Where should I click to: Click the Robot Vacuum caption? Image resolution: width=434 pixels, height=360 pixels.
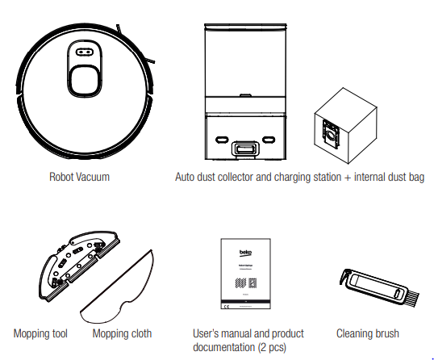pos(79,176)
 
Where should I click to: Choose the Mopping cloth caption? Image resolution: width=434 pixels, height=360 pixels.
pos(122,333)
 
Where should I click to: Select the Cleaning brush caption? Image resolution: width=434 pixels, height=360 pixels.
pos(367,333)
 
